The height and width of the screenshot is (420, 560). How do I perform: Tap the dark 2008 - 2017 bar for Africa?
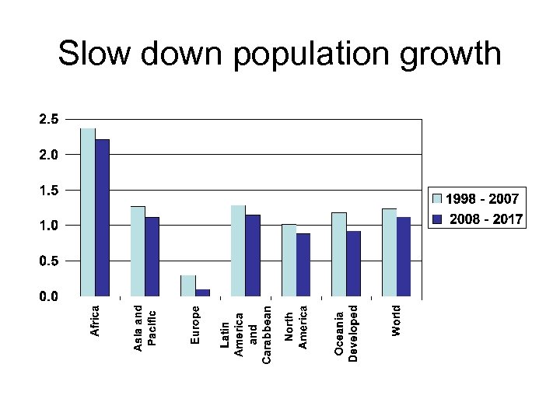click(102, 218)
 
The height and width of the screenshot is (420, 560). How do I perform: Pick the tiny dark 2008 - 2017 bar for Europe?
click(202, 292)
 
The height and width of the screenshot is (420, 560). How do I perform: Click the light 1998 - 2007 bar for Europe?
click(187, 285)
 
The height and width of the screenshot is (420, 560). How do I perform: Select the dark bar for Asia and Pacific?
click(152, 257)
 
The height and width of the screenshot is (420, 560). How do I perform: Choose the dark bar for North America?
click(303, 264)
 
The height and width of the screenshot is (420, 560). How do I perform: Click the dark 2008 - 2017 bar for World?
click(403, 257)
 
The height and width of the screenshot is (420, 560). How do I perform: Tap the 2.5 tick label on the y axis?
click(48, 120)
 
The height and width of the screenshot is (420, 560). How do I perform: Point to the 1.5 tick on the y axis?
click(48, 191)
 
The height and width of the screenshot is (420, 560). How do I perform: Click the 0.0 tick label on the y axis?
click(48, 296)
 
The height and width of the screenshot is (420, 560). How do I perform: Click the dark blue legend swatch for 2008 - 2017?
click(437, 219)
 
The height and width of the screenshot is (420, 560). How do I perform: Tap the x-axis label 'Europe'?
click(196, 324)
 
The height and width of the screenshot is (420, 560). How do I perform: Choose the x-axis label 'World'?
click(397, 320)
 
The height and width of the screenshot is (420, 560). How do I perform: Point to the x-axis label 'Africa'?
click(96, 320)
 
